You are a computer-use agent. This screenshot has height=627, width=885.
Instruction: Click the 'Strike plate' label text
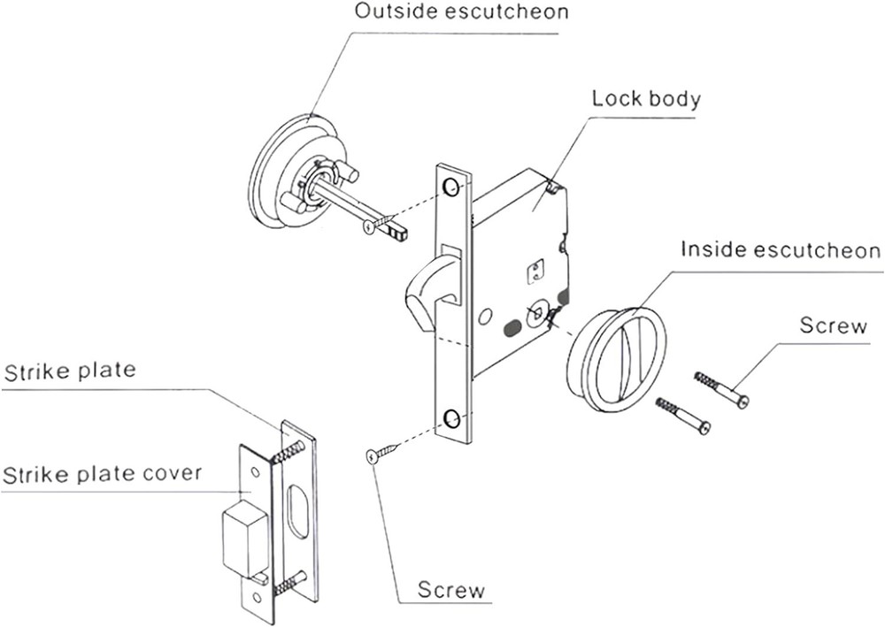pos(71,370)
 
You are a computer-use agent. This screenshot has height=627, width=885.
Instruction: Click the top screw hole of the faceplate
pos(451,187)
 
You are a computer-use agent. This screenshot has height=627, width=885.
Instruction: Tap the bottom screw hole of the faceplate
pos(451,418)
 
